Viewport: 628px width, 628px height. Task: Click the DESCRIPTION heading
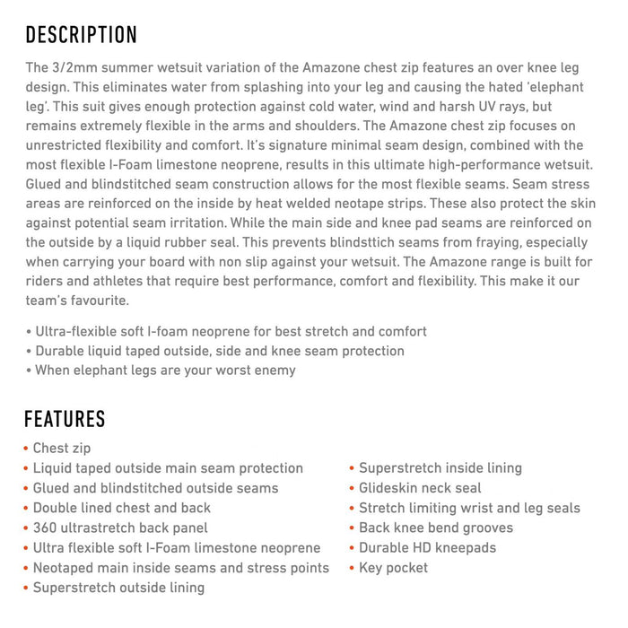point(81,36)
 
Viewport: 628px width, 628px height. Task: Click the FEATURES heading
point(65,419)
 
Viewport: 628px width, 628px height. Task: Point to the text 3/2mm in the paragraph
point(77,67)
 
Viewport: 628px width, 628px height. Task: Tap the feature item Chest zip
point(62,449)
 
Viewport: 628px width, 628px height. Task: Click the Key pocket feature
point(393,568)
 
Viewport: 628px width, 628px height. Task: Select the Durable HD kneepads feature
point(427,548)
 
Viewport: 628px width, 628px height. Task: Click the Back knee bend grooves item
point(436,528)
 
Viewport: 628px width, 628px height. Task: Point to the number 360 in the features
point(46,528)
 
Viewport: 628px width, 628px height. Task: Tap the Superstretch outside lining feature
point(118,588)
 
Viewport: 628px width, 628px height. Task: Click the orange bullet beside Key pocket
point(352,569)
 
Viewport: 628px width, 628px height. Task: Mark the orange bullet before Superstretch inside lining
point(352,468)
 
